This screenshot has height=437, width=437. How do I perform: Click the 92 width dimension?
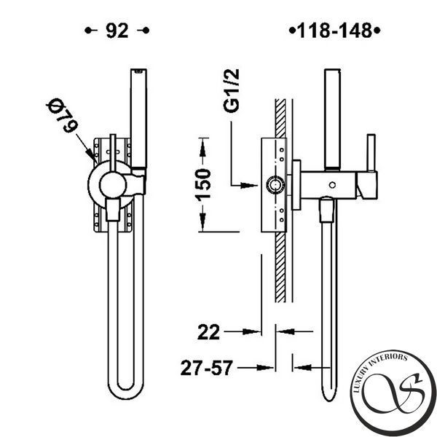click(117, 31)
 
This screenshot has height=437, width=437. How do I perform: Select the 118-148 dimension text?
click(335, 31)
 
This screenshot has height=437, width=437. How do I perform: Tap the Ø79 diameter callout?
click(62, 116)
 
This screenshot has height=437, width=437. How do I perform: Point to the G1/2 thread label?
click(232, 90)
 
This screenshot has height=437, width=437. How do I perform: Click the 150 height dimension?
click(203, 185)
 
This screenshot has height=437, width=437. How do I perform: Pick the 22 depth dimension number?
click(208, 332)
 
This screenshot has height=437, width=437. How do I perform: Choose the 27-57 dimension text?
click(207, 368)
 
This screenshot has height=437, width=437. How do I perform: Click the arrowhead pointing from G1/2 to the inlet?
click(249, 185)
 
